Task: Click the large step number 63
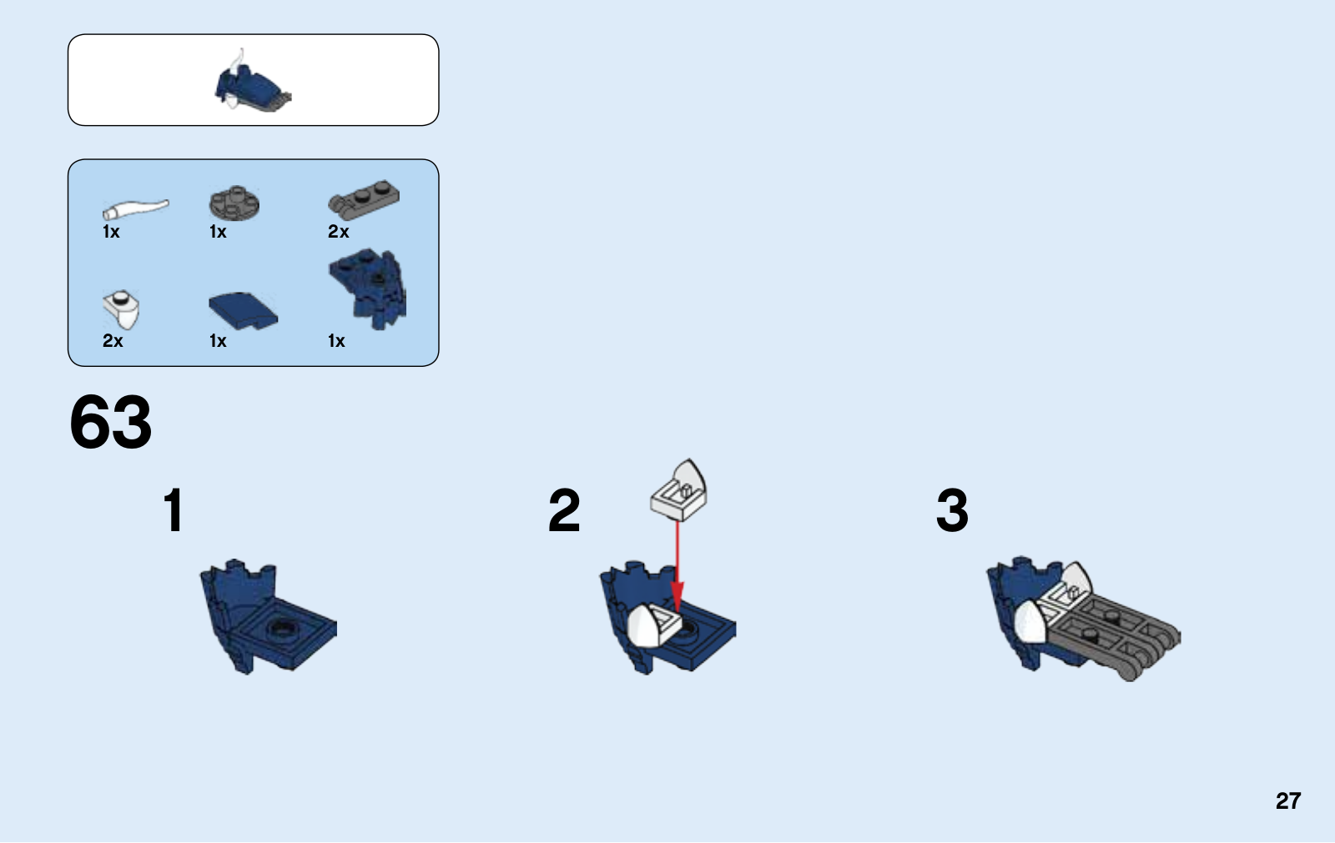tap(111, 422)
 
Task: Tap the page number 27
tap(1288, 800)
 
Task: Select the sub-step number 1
tap(174, 510)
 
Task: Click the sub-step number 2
tap(564, 510)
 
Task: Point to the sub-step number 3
tap(952, 510)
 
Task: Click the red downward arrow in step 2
tap(677, 566)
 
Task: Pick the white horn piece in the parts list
tap(136, 209)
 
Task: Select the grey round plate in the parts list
tap(234, 203)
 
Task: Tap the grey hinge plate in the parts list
tap(364, 200)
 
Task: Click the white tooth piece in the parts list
tap(122, 310)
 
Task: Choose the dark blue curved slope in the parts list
tap(243, 310)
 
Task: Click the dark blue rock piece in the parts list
tap(368, 289)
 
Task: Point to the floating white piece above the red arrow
tap(679, 489)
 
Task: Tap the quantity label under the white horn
tap(111, 232)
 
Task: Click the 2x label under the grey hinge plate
tap(338, 232)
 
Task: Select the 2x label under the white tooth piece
tap(113, 341)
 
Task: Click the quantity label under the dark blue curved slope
tap(218, 341)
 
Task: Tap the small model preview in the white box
tap(253, 83)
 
